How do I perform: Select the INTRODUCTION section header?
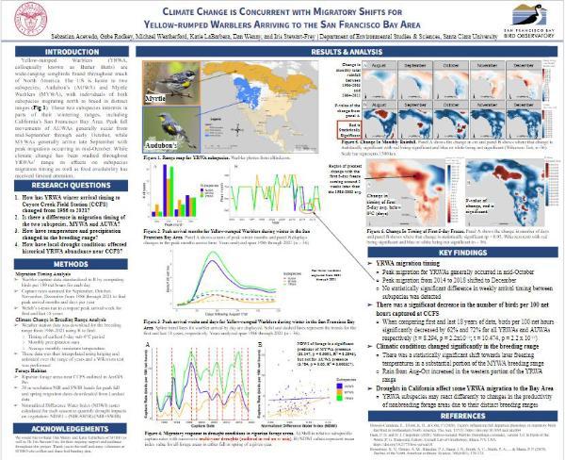(x=72, y=52)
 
